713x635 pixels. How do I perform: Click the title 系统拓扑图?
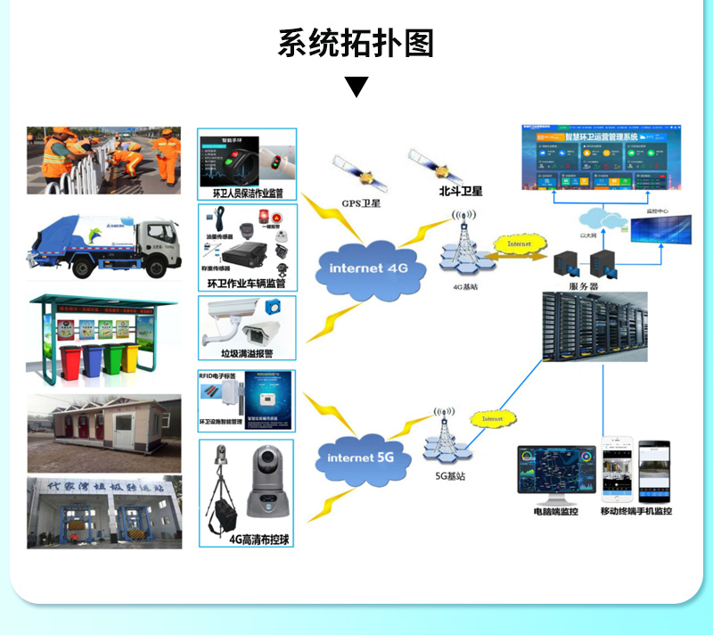click(x=356, y=43)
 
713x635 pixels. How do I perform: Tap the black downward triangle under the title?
click(x=356, y=87)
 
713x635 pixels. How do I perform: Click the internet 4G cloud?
click(x=367, y=268)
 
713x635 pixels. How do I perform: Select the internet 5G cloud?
click(x=361, y=458)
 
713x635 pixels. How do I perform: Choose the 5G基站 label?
click(x=450, y=475)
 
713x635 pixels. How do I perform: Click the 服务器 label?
click(x=585, y=285)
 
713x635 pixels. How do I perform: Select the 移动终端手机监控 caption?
click(x=635, y=511)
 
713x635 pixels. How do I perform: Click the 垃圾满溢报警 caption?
click(x=245, y=354)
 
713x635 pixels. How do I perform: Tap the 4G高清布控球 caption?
click(x=258, y=539)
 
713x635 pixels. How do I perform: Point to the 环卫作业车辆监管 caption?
click(x=246, y=283)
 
